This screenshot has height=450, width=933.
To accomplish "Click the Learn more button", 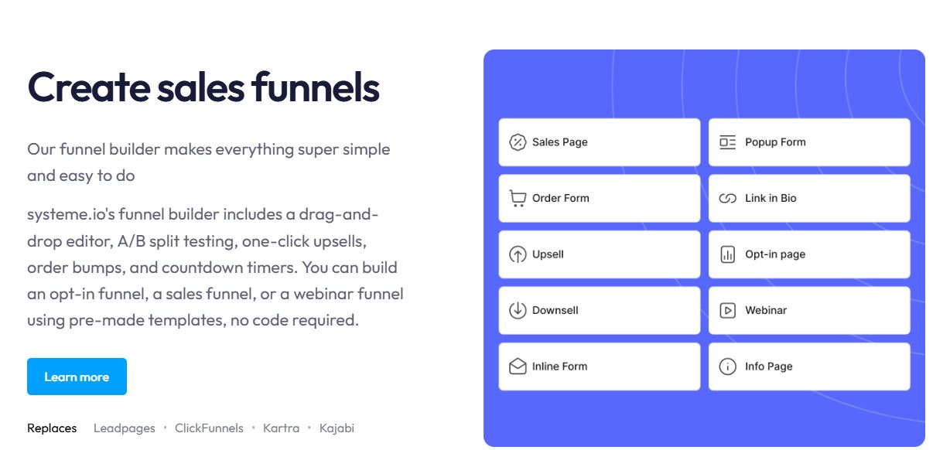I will click(77, 377).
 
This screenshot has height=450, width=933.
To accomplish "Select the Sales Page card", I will click(599, 142).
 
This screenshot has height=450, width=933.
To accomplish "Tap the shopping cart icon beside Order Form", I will click(518, 199).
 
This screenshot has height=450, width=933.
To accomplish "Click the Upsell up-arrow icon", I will click(518, 254).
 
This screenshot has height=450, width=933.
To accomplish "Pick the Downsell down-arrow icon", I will click(518, 310).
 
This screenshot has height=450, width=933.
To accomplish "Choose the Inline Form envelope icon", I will click(518, 366).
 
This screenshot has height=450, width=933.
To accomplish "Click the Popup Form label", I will click(775, 142).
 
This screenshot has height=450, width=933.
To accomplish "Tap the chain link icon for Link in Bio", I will click(727, 199).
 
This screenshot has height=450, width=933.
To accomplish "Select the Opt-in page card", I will click(808, 254).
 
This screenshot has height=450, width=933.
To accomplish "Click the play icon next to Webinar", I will click(727, 310).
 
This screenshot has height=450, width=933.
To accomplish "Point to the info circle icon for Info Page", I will click(727, 366).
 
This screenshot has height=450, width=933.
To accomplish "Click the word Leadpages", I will click(124, 428).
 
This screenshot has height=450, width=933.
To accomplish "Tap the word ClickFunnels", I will click(209, 428).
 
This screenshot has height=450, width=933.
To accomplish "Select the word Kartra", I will click(281, 428).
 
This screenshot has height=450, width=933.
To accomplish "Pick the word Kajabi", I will click(337, 428).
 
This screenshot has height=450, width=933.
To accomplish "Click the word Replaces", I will click(52, 428).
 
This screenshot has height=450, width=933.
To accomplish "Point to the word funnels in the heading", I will click(315, 87).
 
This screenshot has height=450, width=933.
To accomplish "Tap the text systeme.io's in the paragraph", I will click(69, 214).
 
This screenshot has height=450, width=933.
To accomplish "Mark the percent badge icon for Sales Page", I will click(518, 142).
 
